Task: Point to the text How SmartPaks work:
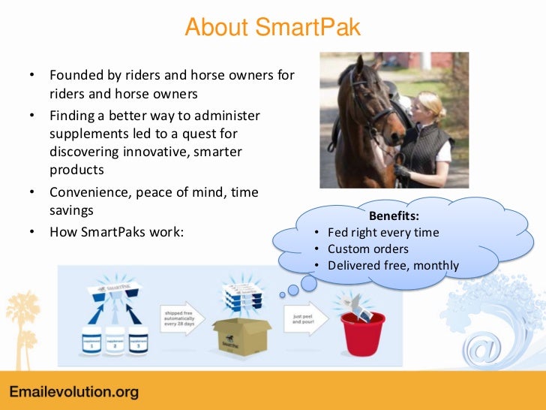click(116, 231)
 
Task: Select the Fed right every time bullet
click(383, 232)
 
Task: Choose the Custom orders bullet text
click(368, 249)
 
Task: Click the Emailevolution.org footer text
click(73, 393)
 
